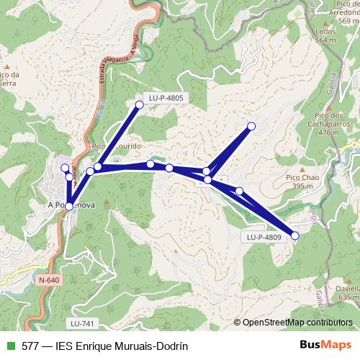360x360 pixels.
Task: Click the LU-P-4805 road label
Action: point(166,96)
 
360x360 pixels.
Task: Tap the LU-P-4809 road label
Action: point(263,236)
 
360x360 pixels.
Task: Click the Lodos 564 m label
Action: point(325,37)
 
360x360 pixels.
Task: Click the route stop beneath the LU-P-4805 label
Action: point(140,105)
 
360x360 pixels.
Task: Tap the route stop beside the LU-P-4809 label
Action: point(294,235)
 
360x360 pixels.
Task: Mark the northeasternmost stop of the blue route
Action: point(251,126)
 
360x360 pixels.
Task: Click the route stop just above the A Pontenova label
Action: point(68,207)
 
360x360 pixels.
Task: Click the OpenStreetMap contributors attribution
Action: point(297,323)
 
